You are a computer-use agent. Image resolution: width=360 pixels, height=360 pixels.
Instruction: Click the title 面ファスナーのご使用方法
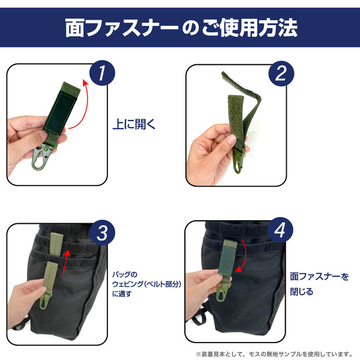[x=180, y=28]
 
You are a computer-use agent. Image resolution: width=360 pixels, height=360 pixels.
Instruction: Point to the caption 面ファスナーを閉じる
[x=319, y=284]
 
